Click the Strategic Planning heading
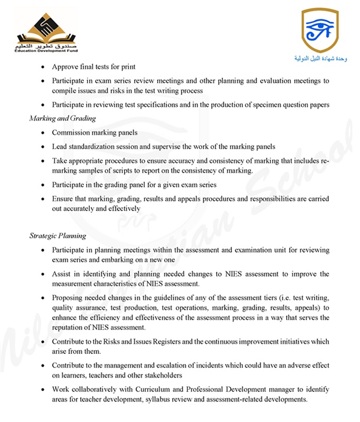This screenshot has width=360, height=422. [58, 236]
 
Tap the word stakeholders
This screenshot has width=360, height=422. [161, 375]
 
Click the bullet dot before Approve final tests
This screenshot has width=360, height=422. [42, 68]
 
